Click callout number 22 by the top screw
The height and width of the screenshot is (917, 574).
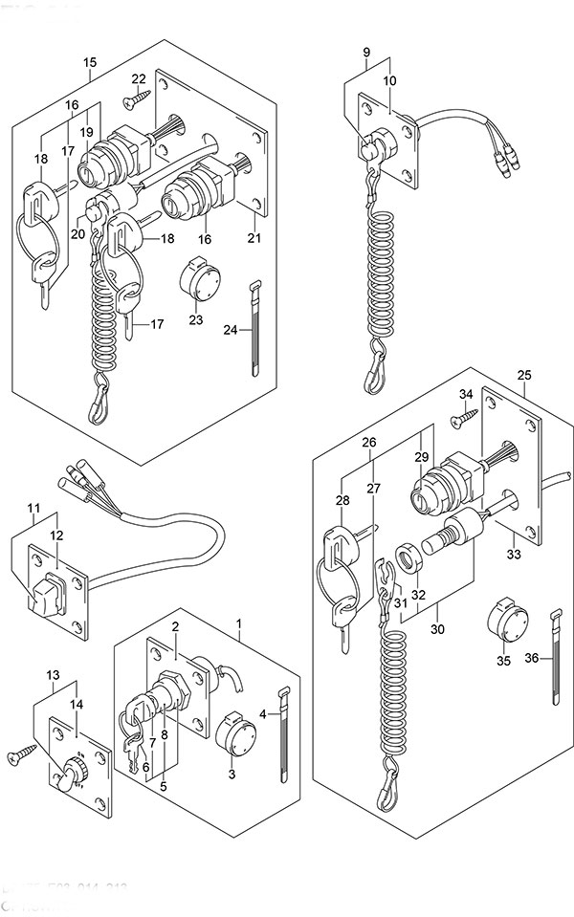click(139, 78)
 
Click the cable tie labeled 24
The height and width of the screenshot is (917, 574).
click(255, 331)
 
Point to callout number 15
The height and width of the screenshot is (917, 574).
click(90, 63)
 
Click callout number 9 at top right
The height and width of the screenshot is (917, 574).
click(366, 50)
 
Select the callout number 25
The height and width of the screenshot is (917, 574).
click(523, 374)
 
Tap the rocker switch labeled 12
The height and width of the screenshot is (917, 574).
click(46, 596)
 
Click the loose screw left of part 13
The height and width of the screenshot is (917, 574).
click(18, 756)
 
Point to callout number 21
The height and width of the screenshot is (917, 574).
click(253, 238)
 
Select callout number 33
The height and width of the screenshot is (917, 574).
click(514, 554)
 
